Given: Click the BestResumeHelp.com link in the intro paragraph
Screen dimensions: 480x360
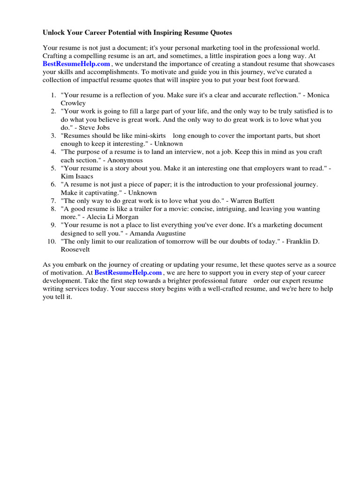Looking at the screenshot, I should pyautogui.click(x=76, y=64).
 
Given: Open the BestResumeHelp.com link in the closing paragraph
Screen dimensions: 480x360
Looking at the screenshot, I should pyautogui.click(x=128, y=272).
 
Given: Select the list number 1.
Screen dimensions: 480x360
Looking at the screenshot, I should pyautogui.click(x=53, y=95).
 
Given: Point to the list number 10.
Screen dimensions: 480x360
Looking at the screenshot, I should pyautogui.click(x=52, y=241).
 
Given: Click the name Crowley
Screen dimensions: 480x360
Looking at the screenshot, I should pyautogui.click(x=73, y=103).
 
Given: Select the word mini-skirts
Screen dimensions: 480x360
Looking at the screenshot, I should pyautogui.click(x=147, y=135).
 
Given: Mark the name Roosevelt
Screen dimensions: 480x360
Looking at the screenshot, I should pyautogui.click(x=75, y=249).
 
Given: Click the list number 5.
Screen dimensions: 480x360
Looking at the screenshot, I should pyautogui.click(x=53, y=168).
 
